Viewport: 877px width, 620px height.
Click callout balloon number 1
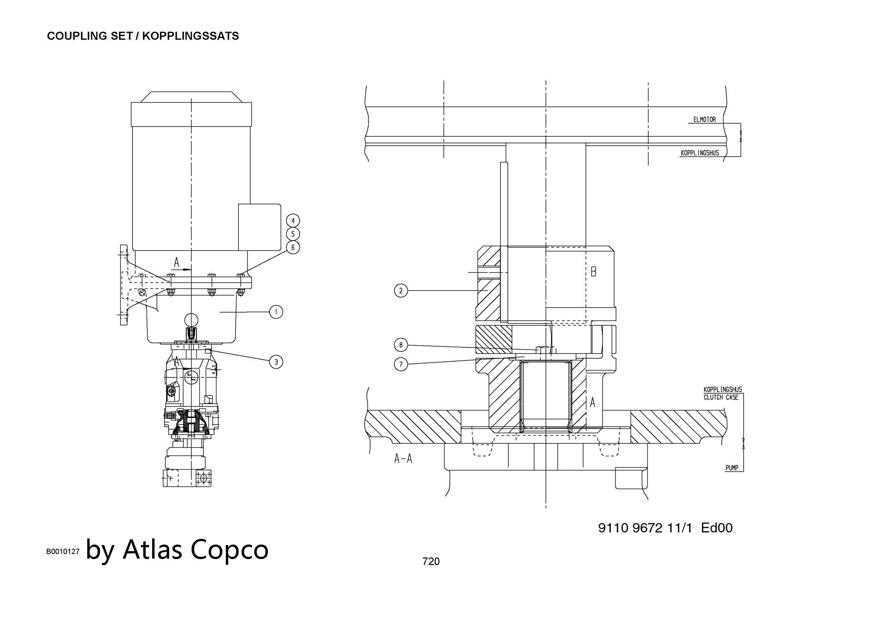tap(276, 312)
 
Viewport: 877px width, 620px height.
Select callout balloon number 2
tap(401, 290)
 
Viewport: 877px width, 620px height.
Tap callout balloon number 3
tap(276, 362)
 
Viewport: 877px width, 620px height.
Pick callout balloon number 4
tap(293, 220)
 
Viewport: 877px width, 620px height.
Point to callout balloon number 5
tap(293, 234)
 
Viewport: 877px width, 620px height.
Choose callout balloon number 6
tap(293, 247)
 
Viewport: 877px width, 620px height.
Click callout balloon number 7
tap(401, 364)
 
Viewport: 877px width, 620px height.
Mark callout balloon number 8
tap(401, 345)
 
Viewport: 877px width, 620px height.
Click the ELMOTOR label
tap(704, 119)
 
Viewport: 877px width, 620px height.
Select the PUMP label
tap(732, 468)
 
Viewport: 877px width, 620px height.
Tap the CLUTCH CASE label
tap(721, 397)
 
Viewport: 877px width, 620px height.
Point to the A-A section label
tap(403, 459)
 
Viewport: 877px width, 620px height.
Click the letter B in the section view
tap(593, 272)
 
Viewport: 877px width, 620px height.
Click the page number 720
tap(431, 561)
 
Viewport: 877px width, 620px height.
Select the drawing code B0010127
tap(63, 552)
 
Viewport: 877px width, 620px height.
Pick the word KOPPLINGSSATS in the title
tap(190, 36)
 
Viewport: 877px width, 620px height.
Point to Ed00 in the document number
tap(717, 527)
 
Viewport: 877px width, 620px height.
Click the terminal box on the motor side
tap(259, 227)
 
